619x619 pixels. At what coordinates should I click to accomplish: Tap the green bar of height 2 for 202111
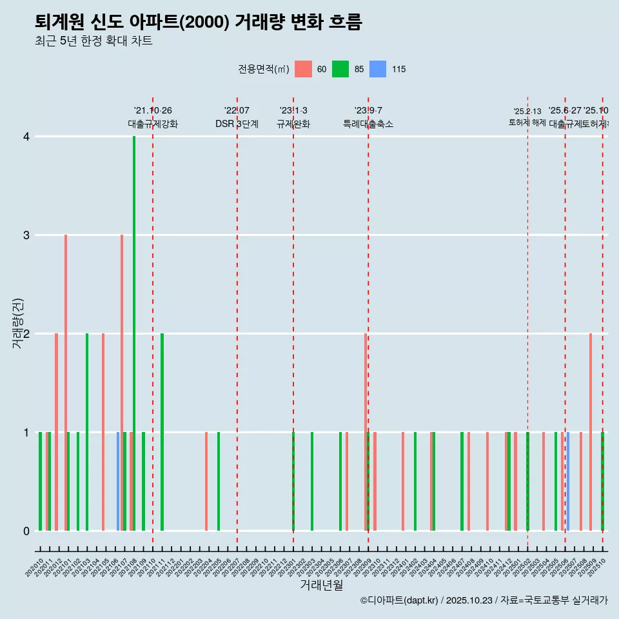click(x=162, y=432)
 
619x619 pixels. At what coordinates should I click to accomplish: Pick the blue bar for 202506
click(x=567, y=482)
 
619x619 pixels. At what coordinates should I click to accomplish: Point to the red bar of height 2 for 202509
click(x=590, y=432)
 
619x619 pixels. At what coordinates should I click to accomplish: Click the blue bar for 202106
click(x=118, y=482)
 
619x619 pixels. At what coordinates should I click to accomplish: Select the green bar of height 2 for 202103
click(x=87, y=432)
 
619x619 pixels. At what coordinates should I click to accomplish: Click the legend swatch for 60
click(x=303, y=69)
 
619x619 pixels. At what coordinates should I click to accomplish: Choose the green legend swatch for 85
click(x=340, y=69)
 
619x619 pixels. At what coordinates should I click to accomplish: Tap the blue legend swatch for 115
click(x=378, y=69)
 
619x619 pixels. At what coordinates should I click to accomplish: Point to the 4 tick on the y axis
click(x=26, y=137)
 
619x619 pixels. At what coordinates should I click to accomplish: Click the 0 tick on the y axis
click(x=26, y=531)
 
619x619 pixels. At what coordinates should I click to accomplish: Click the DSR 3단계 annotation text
click(x=237, y=124)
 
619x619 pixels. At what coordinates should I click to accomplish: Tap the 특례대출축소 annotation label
click(x=368, y=124)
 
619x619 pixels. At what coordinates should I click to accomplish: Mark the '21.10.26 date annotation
click(x=153, y=111)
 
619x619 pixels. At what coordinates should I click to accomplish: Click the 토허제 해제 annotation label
click(x=527, y=123)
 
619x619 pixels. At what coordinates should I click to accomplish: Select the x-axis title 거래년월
click(x=321, y=585)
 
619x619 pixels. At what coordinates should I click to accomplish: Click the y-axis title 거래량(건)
click(x=18, y=324)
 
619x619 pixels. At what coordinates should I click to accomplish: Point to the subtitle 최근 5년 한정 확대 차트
click(x=93, y=42)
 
